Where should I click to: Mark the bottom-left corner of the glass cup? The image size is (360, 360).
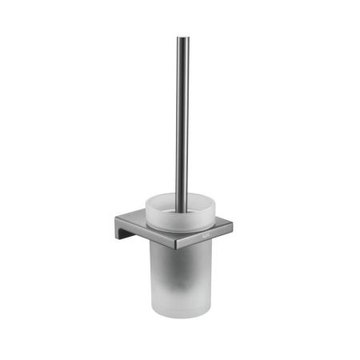tap(154, 314)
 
